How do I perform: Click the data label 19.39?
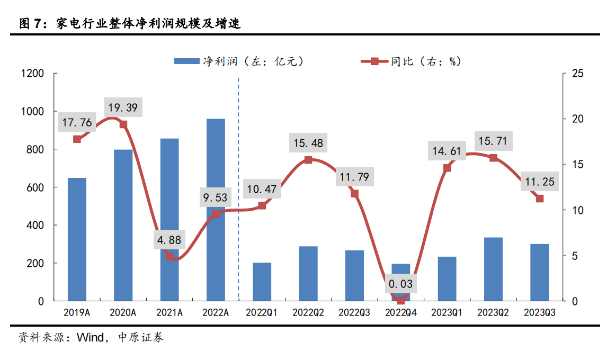[122, 109]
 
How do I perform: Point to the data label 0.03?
[400, 284]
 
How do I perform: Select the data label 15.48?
[308, 143]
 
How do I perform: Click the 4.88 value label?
[169, 240]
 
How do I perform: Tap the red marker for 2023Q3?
[540, 199]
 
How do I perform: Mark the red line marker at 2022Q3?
[354, 194]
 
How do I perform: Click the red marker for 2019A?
[77, 139]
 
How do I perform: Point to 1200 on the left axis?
[32, 73]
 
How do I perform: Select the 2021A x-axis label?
[169, 313]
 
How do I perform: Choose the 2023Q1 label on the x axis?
[447, 313]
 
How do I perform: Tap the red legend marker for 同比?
[374, 61]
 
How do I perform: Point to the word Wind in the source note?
[92, 337]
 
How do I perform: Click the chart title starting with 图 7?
[130, 23]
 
